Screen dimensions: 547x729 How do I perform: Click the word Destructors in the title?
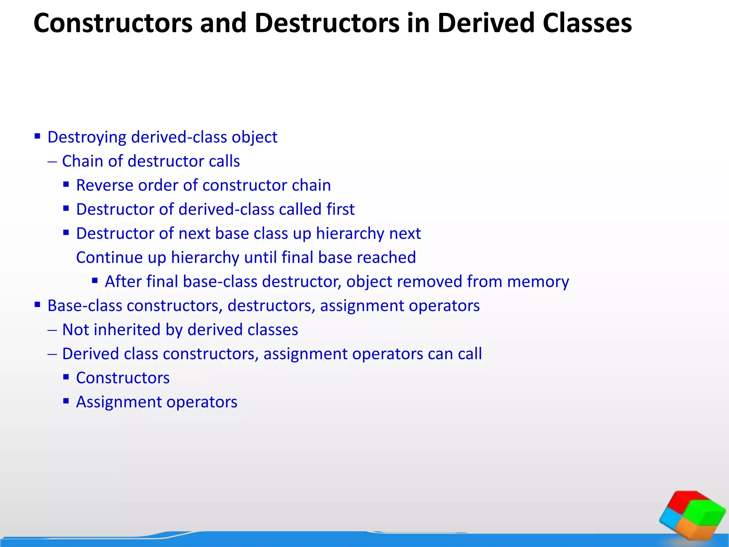(x=327, y=23)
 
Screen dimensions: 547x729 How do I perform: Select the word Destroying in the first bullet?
(x=86, y=137)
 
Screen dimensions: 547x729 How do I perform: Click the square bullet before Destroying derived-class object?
(x=37, y=136)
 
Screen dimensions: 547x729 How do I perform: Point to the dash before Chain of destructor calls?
(x=52, y=162)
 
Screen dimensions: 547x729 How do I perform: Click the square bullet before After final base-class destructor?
(x=95, y=280)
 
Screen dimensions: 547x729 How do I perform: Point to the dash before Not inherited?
(x=52, y=330)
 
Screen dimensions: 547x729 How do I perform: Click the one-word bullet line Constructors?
(x=123, y=378)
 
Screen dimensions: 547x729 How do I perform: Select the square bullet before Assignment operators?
(x=66, y=401)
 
